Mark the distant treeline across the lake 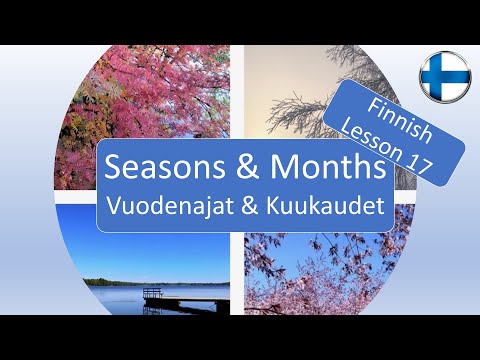(x=130, y=282)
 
